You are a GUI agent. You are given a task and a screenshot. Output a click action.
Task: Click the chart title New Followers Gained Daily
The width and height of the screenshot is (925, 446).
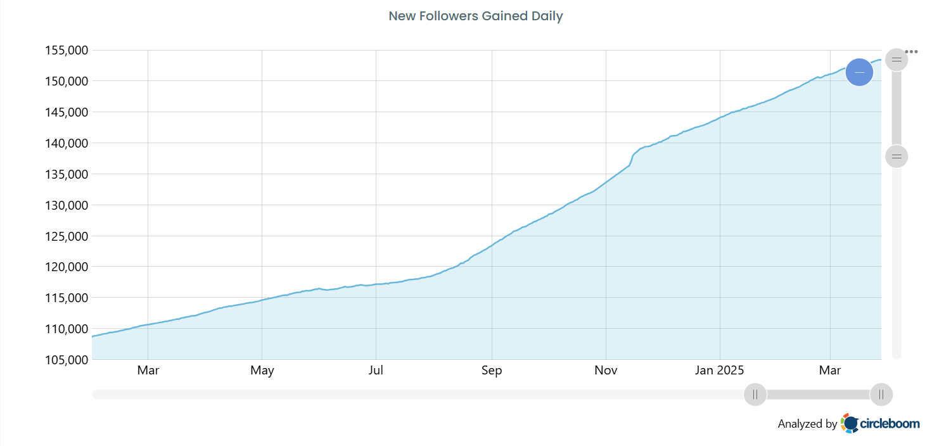click(x=475, y=16)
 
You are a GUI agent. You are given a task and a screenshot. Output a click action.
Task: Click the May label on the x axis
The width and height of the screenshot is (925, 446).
click(x=262, y=371)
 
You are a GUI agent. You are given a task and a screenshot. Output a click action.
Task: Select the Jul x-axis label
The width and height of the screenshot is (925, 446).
click(x=376, y=371)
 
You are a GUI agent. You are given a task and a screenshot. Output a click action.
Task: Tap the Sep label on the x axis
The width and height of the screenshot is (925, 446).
click(x=492, y=371)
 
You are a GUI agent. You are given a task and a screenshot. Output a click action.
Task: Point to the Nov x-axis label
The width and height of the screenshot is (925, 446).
click(x=606, y=371)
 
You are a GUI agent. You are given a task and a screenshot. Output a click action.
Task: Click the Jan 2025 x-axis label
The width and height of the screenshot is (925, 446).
click(x=720, y=371)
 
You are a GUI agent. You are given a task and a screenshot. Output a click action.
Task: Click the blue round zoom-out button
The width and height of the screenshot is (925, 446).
click(x=859, y=72)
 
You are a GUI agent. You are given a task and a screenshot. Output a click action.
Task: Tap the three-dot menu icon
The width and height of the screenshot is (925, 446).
click(x=911, y=51)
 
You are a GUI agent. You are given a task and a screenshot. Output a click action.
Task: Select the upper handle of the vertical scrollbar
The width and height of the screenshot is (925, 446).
click(x=896, y=60)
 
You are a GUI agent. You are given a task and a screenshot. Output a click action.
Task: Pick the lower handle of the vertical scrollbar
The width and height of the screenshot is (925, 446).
click(x=896, y=156)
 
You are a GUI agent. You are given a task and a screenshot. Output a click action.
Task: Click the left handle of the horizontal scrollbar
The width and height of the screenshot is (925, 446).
click(x=755, y=394)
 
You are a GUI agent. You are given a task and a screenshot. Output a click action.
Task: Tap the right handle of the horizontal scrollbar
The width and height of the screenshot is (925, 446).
click(x=881, y=394)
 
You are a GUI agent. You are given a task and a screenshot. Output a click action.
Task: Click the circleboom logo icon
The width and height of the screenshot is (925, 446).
click(x=850, y=423)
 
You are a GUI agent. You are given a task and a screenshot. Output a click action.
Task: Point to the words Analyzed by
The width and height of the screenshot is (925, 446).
click(x=807, y=424)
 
